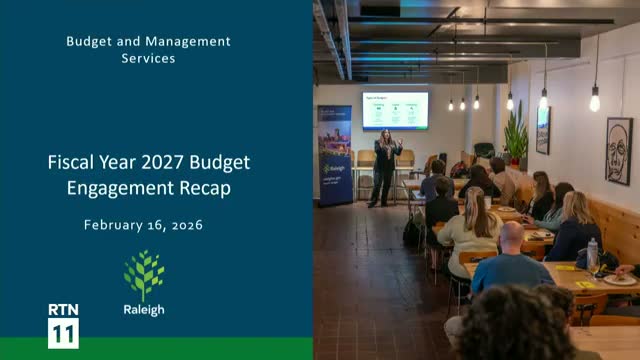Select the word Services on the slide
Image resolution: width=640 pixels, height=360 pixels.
click(148, 58)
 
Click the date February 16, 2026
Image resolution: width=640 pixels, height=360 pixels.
click(143, 225)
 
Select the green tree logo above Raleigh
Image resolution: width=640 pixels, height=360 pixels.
click(144, 275)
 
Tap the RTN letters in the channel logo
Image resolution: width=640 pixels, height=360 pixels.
click(63, 310)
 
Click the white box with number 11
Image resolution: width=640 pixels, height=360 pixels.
click(63, 333)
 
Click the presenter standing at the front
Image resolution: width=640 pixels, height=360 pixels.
click(385, 165)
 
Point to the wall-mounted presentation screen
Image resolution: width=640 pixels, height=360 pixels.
click(396, 110)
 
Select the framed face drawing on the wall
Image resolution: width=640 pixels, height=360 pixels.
click(619, 150)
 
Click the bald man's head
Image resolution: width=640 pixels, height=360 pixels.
click(510, 237)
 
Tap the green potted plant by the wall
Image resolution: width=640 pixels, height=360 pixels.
click(516, 135)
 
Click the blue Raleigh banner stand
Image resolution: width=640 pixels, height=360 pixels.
click(334, 155)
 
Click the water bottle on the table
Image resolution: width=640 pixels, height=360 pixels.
click(593, 255)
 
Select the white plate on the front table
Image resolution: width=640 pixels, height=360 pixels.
click(620, 279)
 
